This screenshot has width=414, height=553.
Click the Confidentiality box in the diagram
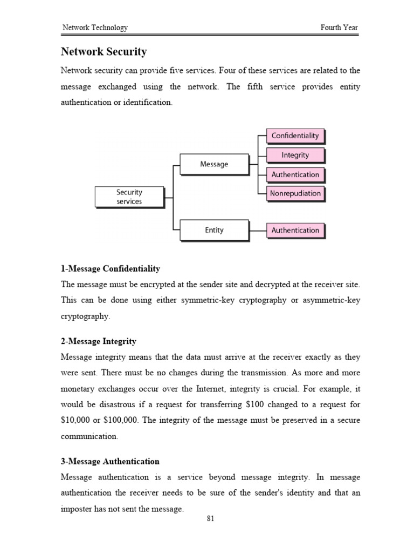295,136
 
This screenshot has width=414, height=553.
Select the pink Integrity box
295,155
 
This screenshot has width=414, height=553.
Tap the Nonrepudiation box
295,193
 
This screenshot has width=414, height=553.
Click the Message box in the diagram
213,164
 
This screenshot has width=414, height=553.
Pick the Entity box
213,230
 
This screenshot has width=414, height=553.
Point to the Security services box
129,197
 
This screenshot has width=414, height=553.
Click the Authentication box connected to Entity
295,230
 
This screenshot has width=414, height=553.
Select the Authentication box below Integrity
295,174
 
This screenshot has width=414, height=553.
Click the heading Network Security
103,52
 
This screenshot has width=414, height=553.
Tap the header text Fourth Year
339,28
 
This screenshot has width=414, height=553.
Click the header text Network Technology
95,28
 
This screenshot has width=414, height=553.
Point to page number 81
211,519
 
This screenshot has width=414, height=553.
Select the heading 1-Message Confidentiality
110,268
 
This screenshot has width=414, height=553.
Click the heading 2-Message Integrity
98,341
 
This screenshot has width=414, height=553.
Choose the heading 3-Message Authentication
110,461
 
